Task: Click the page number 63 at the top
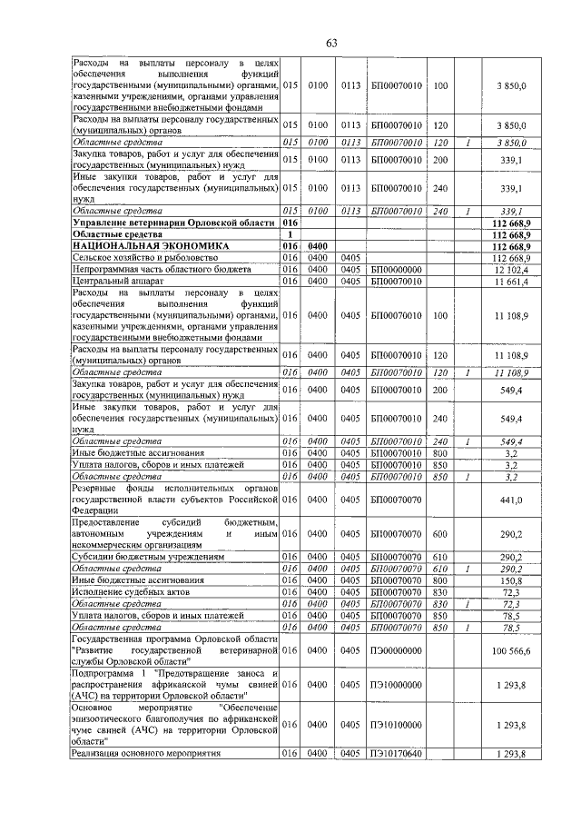(332, 44)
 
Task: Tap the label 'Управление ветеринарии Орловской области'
(172, 222)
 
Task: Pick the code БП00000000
(397, 270)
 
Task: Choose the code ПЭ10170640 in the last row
(397, 755)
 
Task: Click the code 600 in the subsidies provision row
(440, 534)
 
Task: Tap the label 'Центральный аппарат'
(113, 282)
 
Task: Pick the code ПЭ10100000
(397, 723)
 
